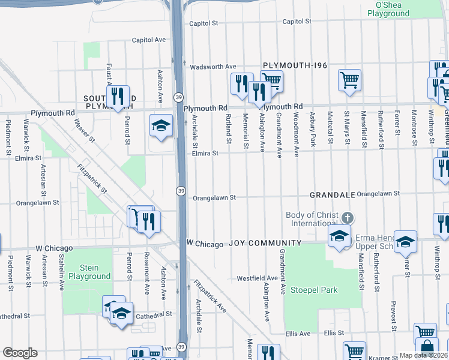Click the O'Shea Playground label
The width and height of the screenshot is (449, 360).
coord(392,9)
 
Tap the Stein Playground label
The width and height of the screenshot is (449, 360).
coord(88,272)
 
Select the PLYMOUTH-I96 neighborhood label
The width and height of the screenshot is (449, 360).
coord(294,65)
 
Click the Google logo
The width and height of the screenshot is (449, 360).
coord(19,353)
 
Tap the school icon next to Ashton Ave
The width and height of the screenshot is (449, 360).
coord(160,125)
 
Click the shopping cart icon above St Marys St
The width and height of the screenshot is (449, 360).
coord(349,80)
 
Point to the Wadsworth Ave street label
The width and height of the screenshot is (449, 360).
coord(213,67)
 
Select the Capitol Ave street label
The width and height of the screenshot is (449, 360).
coord(149,40)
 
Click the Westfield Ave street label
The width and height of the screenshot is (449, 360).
coord(257,278)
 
